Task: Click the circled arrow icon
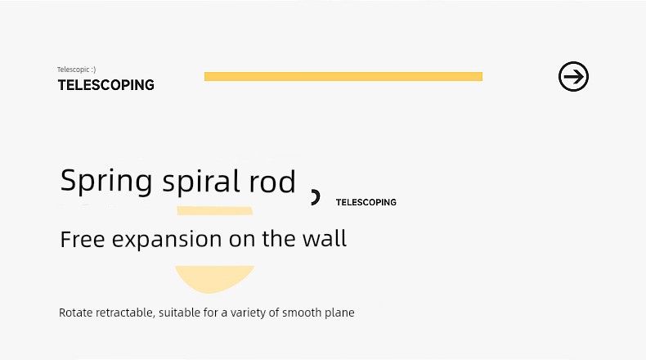573,77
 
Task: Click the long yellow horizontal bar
343,76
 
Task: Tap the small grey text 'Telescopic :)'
77,70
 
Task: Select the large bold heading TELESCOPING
105,85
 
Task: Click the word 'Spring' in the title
106,181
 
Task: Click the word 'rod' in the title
272,182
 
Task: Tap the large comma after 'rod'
315,197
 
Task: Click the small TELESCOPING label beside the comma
366,202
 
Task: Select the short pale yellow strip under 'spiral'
214,211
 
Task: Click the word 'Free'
83,239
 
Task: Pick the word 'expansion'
167,240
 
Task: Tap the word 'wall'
325,238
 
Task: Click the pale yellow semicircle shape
214,277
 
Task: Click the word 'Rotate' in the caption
76,313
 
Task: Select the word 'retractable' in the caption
125,313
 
